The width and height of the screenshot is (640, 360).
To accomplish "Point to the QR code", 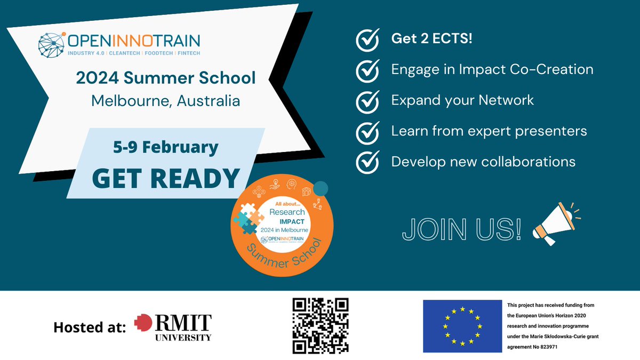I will (x=321, y=325).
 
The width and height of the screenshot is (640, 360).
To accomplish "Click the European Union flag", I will (x=462, y=326).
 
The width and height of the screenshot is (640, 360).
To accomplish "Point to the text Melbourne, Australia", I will (x=165, y=100).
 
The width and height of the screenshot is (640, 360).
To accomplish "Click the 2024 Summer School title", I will (x=165, y=78).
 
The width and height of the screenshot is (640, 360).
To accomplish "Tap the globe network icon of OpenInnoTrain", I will (x=52, y=44).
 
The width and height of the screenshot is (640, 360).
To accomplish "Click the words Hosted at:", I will (x=90, y=327).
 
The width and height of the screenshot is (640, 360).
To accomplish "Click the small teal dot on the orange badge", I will (x=320, y=189).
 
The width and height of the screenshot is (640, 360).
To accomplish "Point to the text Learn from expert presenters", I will (x=489, y=131).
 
